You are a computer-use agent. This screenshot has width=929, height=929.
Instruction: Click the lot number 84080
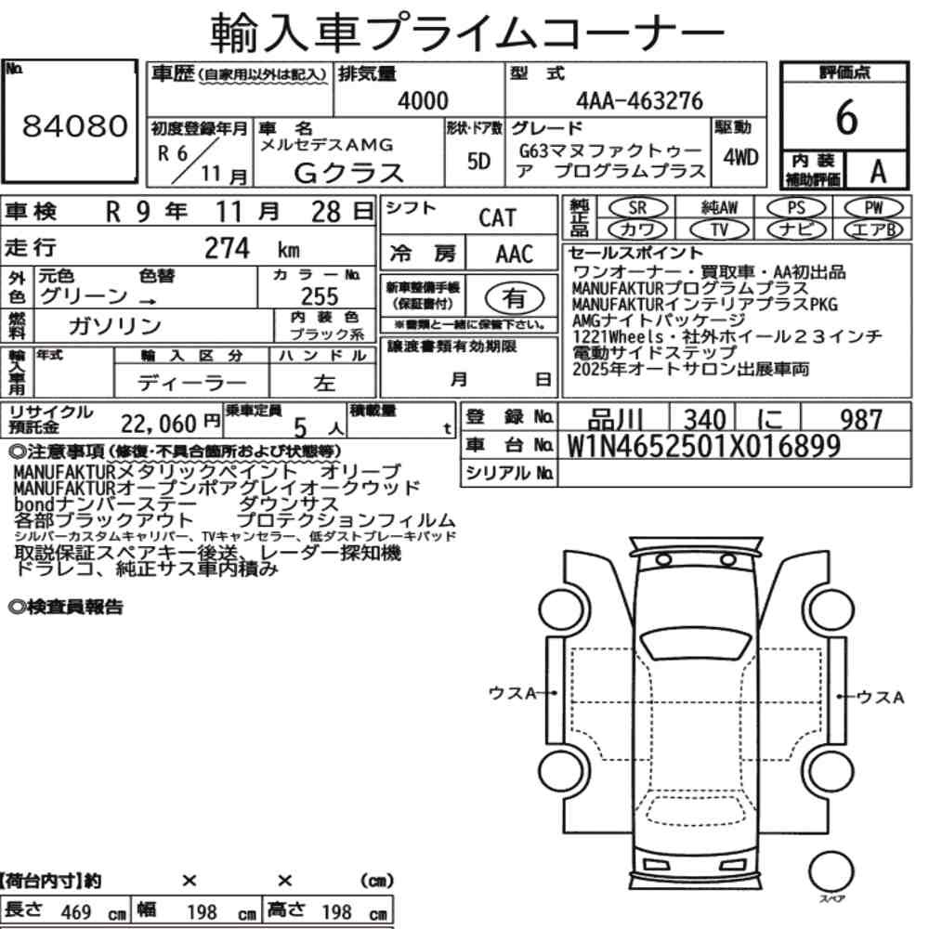click(x=74, y=125)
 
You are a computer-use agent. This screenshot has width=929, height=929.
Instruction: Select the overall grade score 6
click(x=846, y=117)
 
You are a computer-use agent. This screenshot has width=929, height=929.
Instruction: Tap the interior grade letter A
click(x=878, y=172)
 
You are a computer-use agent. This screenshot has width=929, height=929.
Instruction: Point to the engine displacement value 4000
click(x=423, y=100)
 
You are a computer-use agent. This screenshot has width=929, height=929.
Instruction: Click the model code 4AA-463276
click(x=639, y=100)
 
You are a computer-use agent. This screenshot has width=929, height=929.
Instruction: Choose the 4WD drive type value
click(x=740, y=157)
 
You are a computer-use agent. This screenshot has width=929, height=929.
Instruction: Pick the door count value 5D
click(x=478, y=161)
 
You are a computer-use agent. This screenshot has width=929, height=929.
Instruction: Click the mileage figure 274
click(x=227, y=248)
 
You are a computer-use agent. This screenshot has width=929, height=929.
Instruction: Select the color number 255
click(x=320, y=295)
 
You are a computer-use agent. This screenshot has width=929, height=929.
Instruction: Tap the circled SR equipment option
click(x=637, y=208)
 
